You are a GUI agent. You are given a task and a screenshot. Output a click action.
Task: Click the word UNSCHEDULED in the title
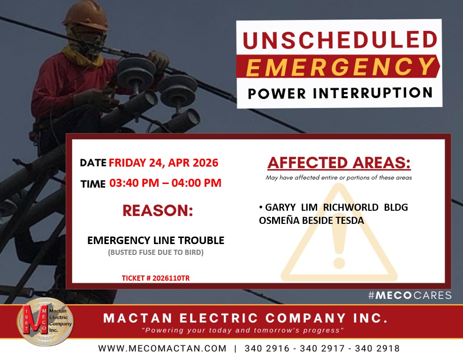[x=340, y=40]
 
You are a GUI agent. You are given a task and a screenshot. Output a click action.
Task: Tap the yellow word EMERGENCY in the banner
[x=340, y=67]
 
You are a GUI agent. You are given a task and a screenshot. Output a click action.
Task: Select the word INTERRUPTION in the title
[x=372, y=93]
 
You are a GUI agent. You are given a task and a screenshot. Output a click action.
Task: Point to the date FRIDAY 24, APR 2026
[x=163, y=163]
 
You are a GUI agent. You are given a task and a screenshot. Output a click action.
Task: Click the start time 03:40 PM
[x=134, y=183]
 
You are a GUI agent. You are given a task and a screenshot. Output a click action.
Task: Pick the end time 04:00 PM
[x=197, y=183]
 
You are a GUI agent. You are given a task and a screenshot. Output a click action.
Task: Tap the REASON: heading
[x=158, y=210]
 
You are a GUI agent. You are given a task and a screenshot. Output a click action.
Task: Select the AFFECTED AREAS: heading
[x=339, y=162]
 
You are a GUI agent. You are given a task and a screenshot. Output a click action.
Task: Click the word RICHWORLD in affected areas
[x=351, y=207]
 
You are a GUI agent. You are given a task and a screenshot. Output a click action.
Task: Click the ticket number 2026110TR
[x=171, y=278]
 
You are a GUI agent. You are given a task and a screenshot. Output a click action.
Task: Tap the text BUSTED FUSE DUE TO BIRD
[x=156, y=253]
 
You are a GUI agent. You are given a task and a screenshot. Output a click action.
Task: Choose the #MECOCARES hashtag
[x=410, y=295]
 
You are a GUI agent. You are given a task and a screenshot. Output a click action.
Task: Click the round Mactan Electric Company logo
[x=45, y=322]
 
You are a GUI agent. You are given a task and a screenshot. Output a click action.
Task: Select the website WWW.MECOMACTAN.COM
[x=162, y=348]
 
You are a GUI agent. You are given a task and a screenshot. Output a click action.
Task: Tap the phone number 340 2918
[x=377, y=348]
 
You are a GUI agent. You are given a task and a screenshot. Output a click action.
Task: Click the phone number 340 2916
[x=267, y=348]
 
